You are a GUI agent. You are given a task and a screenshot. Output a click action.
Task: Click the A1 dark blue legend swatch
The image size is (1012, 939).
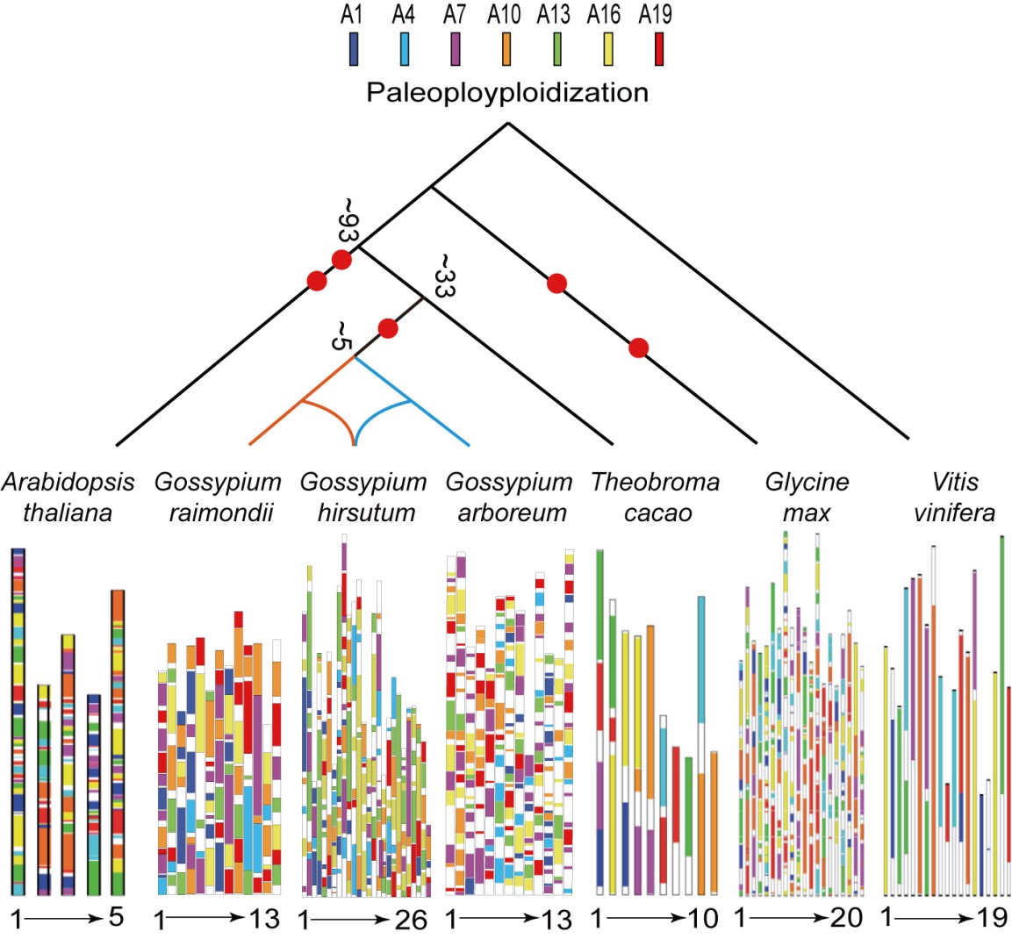353,49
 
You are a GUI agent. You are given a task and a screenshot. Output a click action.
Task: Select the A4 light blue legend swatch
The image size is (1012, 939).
403,49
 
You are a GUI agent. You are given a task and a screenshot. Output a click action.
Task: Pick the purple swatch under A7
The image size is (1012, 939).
455,49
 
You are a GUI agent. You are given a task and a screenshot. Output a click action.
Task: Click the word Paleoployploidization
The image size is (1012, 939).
506,92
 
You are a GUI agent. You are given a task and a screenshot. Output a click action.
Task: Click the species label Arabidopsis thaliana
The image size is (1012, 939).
68,497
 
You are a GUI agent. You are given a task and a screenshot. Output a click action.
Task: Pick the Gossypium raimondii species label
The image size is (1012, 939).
217,497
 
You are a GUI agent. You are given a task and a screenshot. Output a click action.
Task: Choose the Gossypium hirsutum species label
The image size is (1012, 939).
362,497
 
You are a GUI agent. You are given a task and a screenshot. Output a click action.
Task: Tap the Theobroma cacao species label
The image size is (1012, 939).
655,497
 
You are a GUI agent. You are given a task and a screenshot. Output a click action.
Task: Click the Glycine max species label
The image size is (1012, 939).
806,497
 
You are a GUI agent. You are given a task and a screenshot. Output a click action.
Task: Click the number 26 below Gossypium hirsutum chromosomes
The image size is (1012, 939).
411,920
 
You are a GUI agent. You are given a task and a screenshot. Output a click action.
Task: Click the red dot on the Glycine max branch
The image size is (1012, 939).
639,348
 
